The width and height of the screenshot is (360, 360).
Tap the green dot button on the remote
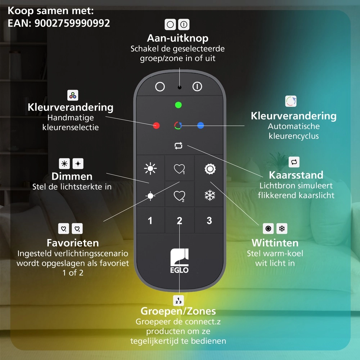[179, 105]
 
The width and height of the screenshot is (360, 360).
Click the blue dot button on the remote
[201, 125]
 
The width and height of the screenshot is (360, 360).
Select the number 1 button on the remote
[150, 221]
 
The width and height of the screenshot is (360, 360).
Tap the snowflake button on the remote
[210, 195]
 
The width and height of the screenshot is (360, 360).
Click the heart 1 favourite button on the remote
[179, 169]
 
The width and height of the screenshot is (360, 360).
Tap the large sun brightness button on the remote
[150, 169]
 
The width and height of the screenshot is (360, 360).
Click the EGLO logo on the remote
[179, 261]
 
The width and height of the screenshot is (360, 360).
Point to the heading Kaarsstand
[296, 175]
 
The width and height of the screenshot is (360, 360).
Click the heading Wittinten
[275, 243]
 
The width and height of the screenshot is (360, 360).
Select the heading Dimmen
[72, 176]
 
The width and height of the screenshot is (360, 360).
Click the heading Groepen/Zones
[178, 311]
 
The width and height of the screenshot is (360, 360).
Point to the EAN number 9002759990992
[72, 23]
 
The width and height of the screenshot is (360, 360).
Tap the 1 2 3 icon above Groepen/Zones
[179, 300]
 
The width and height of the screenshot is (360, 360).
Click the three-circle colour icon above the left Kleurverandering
[73, 95]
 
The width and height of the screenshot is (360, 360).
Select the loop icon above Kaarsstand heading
[294, 162]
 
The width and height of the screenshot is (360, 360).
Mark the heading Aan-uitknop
[178, 38]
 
